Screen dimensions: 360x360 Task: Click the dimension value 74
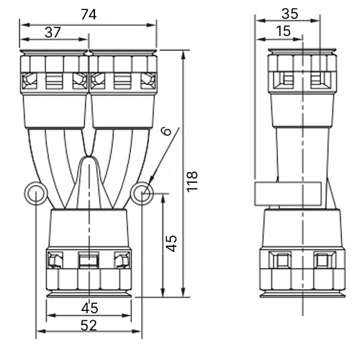(89, 14)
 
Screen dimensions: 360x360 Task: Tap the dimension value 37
(53, 32)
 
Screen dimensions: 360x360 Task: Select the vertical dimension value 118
(192, 181)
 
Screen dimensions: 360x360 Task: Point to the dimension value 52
(89, 325)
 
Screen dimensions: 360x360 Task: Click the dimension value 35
(289, 14)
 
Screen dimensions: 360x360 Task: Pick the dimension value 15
(283, 31)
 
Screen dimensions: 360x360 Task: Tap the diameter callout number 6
(166, 131)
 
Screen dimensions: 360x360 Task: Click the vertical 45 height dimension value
(171, 243)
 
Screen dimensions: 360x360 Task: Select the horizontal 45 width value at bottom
(89, 308)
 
